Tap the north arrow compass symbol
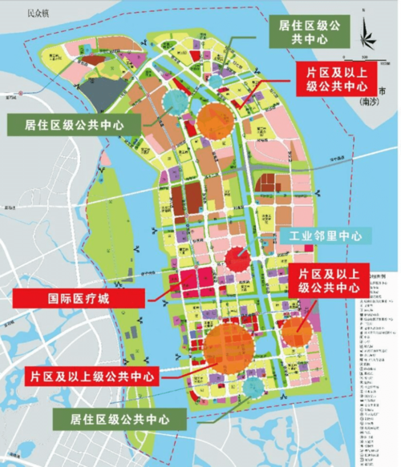tap(367, 34)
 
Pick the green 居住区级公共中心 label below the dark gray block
tap(73, 124)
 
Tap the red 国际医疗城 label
tap(79, 298)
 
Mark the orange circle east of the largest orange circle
tap(296, 328)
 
